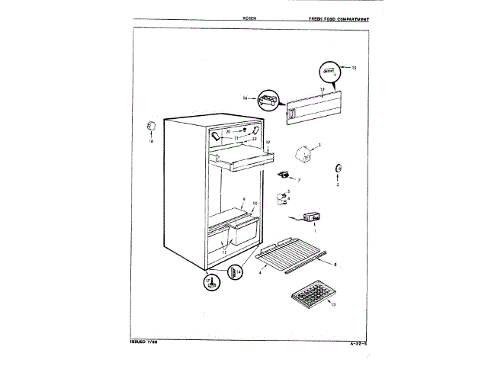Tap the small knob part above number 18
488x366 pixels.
[x=150, y=124]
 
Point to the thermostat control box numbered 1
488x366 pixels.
[x=310, y=219]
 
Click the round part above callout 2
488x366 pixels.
[x=338, y=169]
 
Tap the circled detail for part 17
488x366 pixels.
[x=212, y=283]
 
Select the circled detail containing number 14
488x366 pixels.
[x=235, y=271]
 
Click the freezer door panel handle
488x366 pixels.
[x=290, y=114]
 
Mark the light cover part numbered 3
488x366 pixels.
[x=303, y=152]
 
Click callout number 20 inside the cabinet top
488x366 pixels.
[x=228, y=131]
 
